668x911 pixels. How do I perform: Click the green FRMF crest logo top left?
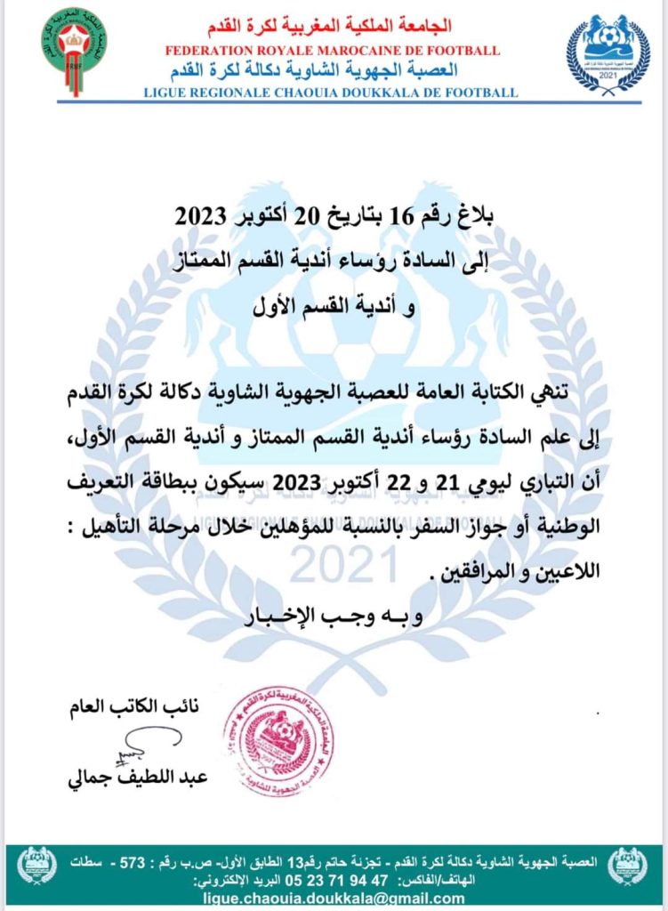coord(75,52)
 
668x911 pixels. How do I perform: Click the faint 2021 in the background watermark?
coord(345,564)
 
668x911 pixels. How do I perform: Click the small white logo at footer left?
coord(36,865)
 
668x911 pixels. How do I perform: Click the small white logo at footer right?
coord(629,865)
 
